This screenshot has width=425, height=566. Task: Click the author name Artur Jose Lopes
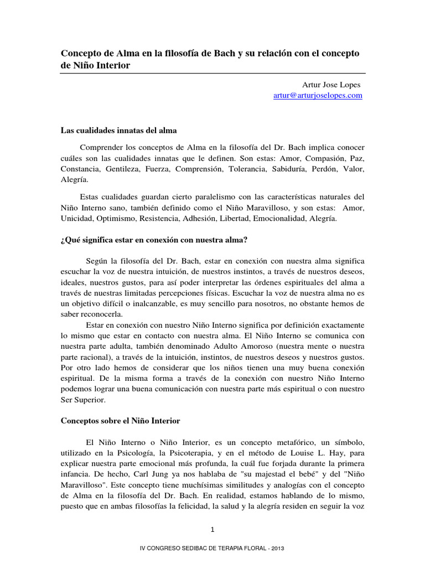click(331, 85)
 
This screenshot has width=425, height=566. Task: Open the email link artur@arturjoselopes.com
click(318, 95)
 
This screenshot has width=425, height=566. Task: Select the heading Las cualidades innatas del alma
click(118, 130)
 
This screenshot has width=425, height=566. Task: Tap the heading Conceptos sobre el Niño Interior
click(120, 421)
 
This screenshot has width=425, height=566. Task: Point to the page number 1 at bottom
click(212, 530)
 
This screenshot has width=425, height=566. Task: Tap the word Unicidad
click(76, 218)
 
